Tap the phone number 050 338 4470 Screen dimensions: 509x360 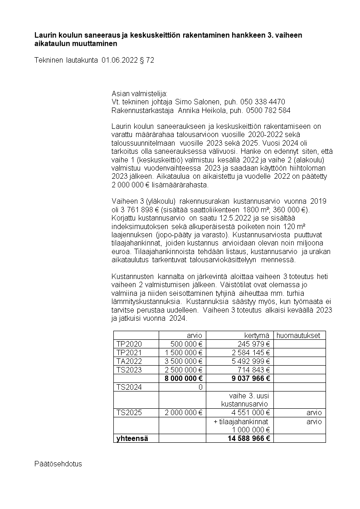click(x=263, y=101)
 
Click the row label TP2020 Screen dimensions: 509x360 click(x=129, y=344)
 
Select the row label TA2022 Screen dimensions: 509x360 click(x=129, y=361)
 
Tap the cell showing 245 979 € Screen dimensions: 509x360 click(x=253, y=344)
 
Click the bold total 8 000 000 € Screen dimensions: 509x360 click(x=184, y=378)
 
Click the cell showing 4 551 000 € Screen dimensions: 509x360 click(x=251, y=412)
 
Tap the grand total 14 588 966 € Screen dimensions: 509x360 click(x=246, y=438)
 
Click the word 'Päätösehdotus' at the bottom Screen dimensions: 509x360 click(x=58, y=464)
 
